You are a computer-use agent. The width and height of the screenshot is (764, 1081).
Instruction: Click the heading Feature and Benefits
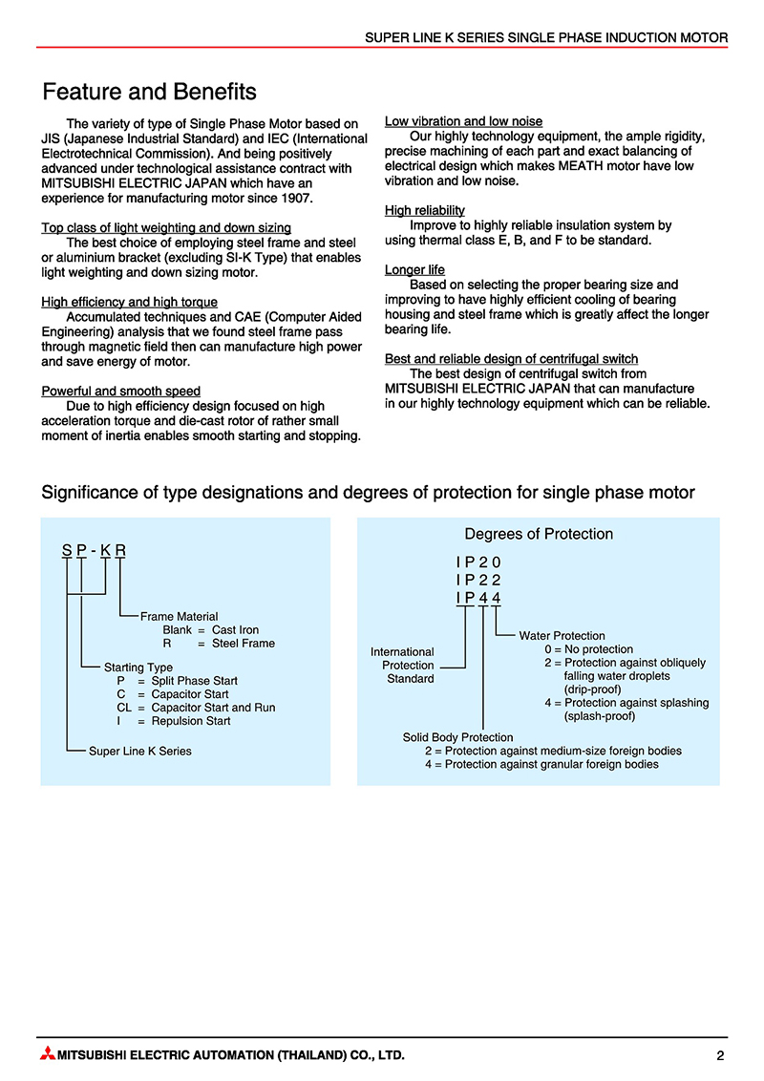(150, 93)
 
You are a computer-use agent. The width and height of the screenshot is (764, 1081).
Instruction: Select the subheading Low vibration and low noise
(463, 121)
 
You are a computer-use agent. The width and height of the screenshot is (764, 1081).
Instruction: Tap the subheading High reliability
(425, 210)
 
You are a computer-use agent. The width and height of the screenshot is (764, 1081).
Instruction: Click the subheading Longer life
(414, 270)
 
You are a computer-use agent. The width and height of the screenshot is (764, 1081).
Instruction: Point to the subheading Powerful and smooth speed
(121, 391)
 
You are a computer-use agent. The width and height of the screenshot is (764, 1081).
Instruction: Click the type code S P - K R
(94, 550)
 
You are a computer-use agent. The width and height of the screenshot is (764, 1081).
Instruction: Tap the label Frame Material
(179, 616)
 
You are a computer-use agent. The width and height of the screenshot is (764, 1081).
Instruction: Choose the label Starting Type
(138, 667)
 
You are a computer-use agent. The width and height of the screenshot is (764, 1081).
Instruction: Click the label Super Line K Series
(140, 751)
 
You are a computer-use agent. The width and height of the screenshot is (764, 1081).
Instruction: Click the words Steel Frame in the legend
(244, 643)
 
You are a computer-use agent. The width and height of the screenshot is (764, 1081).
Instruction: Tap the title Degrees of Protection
(539, 534)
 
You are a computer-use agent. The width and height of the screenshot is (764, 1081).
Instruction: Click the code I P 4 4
(478, 598)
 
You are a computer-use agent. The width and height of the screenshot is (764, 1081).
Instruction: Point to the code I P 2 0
(478, 562)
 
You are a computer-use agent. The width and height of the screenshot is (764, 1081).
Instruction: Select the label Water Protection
(562, 635)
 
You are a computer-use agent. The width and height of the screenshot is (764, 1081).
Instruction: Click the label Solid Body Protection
(458, 737)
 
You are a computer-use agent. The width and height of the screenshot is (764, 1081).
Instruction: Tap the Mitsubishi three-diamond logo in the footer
(47, 1055)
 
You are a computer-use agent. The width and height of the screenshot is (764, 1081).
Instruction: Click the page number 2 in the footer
(720, 1055)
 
